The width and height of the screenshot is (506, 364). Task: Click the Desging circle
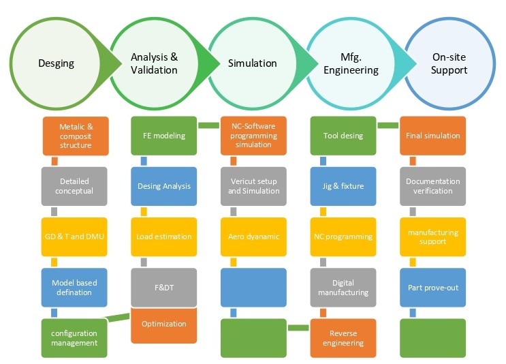[x=56, y=63]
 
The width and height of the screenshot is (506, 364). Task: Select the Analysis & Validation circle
[x=154, y=63]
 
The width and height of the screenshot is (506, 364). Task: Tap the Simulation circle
[x=252, y=63]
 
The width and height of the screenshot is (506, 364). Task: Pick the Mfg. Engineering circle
[x=351, y=63]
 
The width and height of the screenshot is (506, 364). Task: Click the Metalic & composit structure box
[x=75, y=136]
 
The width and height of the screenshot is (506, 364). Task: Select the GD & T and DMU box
[x=75, y=237]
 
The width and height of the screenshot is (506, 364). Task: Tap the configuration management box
[x=75, y=338]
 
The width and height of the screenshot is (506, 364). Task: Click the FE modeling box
[x=164, y=136]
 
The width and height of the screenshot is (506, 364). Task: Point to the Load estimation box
[x=164, y=237]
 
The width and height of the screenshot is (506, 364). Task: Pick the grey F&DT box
[x=164, y=287]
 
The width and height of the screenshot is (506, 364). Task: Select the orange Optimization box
[x=164, y=324]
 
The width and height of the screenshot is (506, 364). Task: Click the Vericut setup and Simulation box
[x=254, y=186]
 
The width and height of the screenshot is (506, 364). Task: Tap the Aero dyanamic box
[x=254, y=237]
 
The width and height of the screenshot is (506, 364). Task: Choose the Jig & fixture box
[x=343, y=186]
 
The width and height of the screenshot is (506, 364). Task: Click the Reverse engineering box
[x=343, y=338]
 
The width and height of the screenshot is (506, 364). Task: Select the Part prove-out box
[x=432, y=287]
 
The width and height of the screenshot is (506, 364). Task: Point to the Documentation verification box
[x=432, y=186]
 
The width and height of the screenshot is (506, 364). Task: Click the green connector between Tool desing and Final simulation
[x=388, y=125]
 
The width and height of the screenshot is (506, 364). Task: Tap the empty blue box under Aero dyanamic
[x=254, y=287]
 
